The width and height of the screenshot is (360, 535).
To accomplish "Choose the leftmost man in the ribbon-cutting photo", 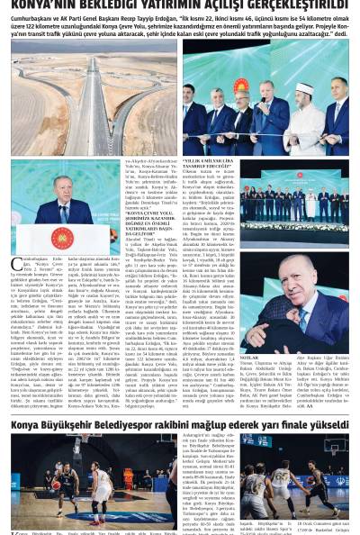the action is [218, 113].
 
